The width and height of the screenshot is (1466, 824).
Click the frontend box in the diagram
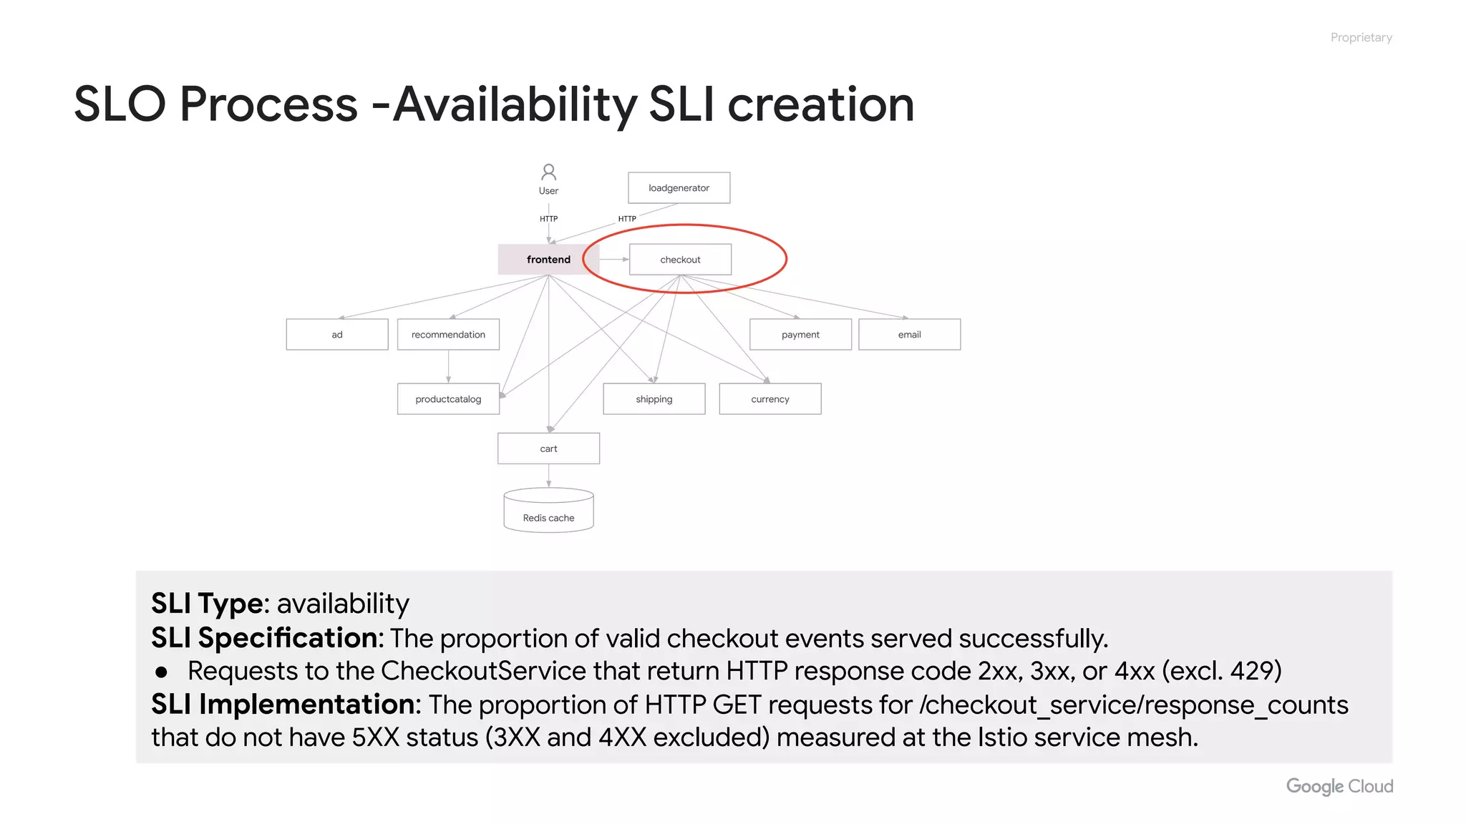point(548,259)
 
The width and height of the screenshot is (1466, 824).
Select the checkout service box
point(680,259)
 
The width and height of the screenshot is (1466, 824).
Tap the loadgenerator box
point(679,187)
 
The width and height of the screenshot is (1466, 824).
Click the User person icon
point(548,172)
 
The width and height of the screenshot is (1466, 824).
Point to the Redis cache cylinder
point(548,511)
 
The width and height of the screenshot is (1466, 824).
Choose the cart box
point(548,448)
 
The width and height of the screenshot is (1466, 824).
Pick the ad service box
point(337,334)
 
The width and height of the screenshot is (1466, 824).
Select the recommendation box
point(448,334)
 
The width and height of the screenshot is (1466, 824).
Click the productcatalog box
point(448,398)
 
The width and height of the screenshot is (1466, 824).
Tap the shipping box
point(654,398)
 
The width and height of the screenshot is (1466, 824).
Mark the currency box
point(770,398)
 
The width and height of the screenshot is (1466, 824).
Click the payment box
point(800,334)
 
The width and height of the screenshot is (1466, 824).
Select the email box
point(909,334)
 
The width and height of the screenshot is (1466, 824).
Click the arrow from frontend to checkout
point(613,259)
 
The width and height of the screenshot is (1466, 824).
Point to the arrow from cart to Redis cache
point(548,476)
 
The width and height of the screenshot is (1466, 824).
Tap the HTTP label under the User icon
point(548,219)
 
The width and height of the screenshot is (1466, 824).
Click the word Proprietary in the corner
point(1361,37)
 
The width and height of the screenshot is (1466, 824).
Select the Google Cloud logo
point(1339,786)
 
